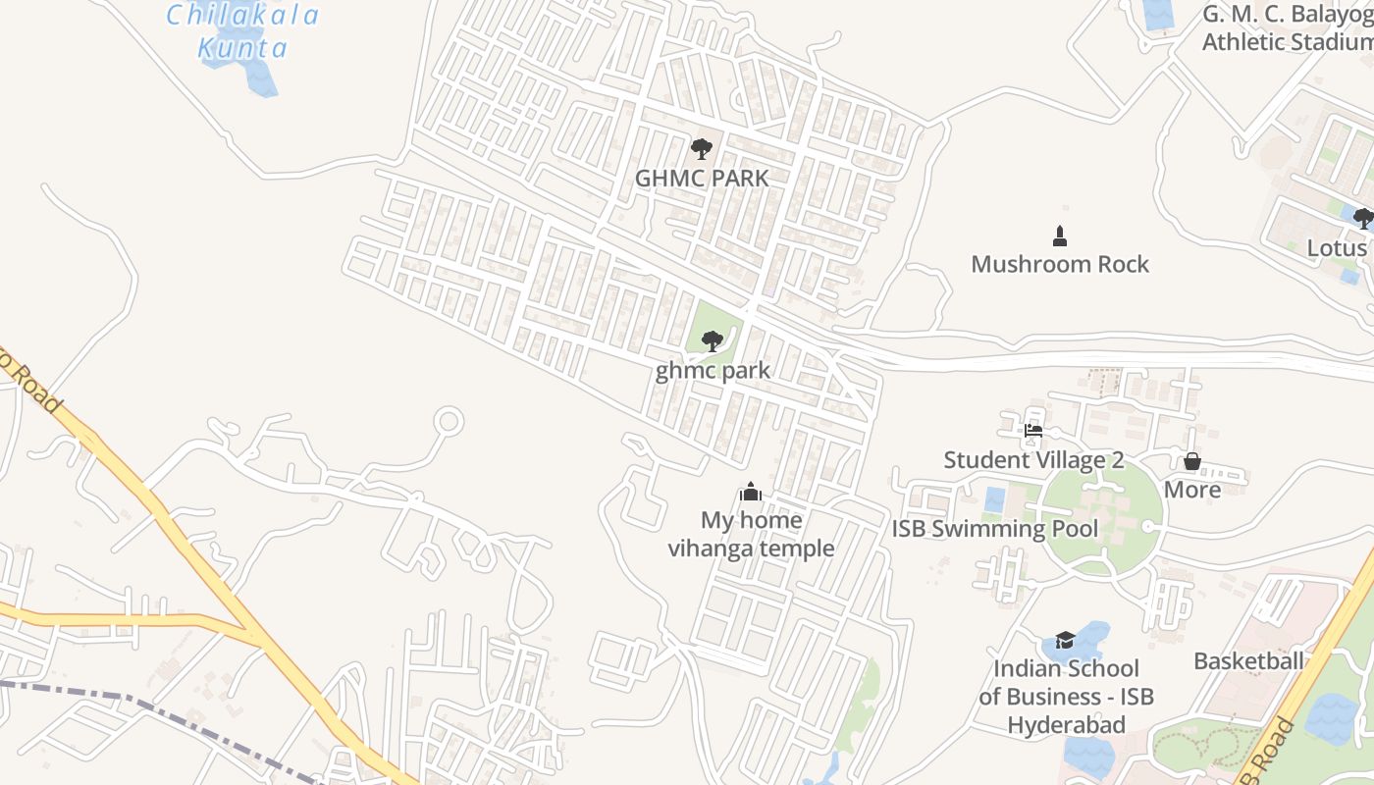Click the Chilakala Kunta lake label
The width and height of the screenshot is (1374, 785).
coord(242,31)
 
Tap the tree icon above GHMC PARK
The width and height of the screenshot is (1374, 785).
coord(701,149)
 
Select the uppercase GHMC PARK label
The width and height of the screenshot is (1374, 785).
coord(702,179)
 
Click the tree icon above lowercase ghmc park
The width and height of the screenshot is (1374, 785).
coord(713,341)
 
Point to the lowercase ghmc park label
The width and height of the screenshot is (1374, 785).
coord(713,371)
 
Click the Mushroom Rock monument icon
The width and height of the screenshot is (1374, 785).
coord(1059,235)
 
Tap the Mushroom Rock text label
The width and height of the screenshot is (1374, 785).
coord(1060,264)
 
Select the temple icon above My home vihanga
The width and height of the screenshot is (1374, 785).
coord(751,492)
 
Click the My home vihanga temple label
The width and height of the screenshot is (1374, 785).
coord(751,534)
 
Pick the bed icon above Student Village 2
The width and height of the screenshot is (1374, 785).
coord(1032,430)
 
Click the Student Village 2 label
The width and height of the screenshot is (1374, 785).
coord(1033,459)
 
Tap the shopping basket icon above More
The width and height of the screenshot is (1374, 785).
coord(1192,460)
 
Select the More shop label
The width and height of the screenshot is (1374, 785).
coord(1192,489)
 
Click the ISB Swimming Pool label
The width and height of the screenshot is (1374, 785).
coord(995,529)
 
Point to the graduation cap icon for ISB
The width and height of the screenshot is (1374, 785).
coord(1065,641)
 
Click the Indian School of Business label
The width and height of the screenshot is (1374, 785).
coord(1066,697)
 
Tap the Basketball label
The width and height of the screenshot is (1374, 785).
coord(1248,660)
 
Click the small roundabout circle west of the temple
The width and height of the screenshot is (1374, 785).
coord(449,422)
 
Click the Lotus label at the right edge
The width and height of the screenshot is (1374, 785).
coord(1337,247)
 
